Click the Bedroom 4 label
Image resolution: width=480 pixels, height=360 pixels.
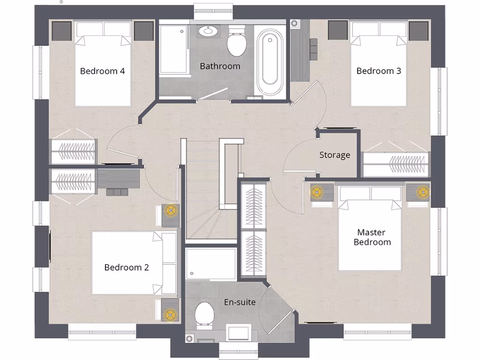pos(102,71)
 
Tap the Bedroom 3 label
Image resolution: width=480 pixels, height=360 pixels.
pos(379,71)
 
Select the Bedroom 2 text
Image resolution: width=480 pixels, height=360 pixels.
pos(127,268)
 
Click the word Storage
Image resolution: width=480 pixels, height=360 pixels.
pos(335,155)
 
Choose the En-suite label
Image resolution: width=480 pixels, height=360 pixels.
pos(240,302)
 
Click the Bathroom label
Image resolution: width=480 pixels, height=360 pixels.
pos(220,66)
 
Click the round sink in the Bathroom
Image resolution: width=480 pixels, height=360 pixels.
pos(207,32)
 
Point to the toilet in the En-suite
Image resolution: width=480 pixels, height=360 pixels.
pos(204,313)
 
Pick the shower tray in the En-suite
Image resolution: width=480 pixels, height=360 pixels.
pos(210,264)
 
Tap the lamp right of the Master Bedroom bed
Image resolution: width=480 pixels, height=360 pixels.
pos(424,191)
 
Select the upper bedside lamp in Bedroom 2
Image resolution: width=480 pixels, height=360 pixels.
pos(170,210)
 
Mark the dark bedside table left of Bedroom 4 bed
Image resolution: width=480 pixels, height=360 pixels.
pos(61,30)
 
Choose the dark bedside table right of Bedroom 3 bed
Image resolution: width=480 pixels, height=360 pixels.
pos(418,30)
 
